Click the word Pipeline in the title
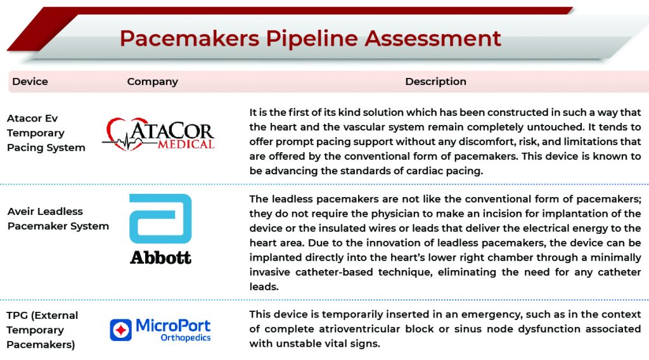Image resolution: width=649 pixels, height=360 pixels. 312,39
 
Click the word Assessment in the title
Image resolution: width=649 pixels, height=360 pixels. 432,39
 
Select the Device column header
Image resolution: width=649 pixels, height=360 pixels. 30,82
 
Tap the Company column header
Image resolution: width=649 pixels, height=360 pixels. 152,82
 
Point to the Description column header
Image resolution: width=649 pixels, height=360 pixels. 435,82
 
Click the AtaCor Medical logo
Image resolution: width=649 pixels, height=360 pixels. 158,134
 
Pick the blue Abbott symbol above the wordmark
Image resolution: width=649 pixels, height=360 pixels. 160,219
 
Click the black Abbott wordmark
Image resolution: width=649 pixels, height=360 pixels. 160,257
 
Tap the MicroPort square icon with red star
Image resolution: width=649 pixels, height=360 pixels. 121,330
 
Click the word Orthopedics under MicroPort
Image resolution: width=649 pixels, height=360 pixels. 186,338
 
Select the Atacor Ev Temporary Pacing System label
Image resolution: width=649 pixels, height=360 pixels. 46,133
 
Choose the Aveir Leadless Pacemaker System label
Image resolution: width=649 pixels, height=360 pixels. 58,219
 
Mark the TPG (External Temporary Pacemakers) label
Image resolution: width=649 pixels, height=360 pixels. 42,330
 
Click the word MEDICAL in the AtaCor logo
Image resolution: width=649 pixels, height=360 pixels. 186,144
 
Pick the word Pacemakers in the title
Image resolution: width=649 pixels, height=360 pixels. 190,39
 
